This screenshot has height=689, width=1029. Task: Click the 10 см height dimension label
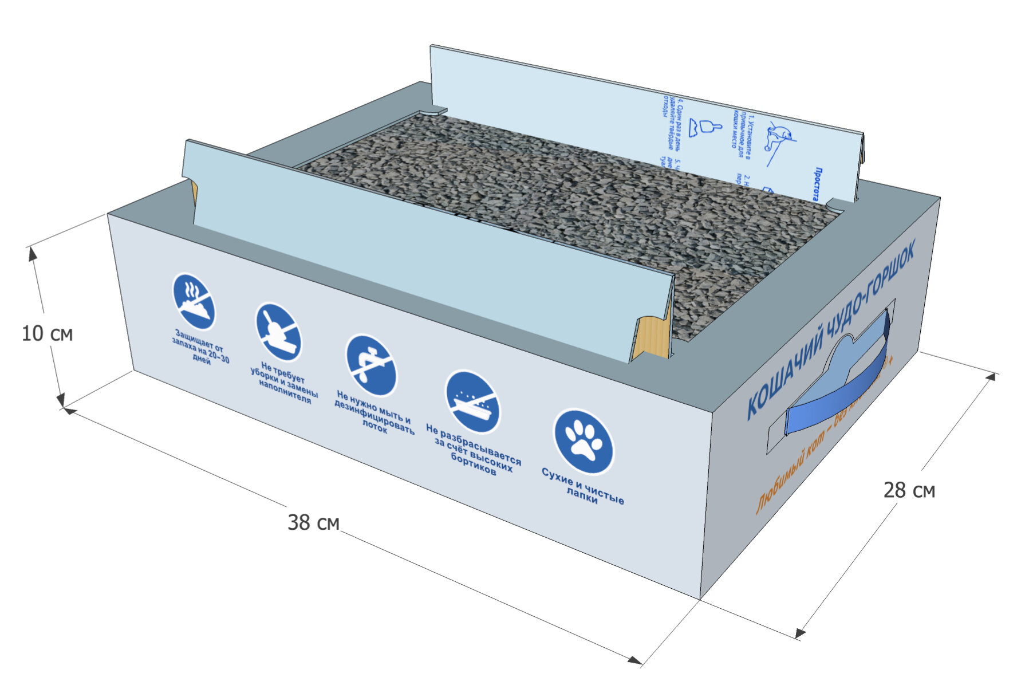(x=47, y=333)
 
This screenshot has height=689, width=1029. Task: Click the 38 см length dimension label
(x=313, y=522)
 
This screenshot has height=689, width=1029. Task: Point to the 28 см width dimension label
(x=909, y=490)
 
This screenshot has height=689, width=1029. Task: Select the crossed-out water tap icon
(x=371, y=365)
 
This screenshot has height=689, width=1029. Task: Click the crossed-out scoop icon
(x=278, y=332)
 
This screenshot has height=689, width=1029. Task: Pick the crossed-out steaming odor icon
(x=194, y=301)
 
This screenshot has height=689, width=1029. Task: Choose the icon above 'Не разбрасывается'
(x=472, y=401)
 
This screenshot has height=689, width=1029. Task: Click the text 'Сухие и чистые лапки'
(x=583, y=487)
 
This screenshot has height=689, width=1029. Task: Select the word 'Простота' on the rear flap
(x=817, y=184)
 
